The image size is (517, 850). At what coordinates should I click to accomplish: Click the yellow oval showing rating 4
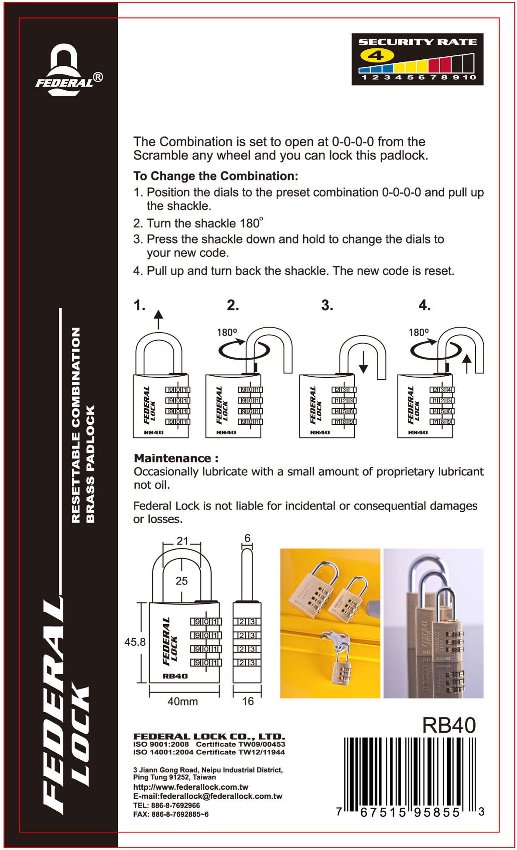pos(377,55)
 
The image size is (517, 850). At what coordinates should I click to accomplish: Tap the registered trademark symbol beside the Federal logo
pos(98,78)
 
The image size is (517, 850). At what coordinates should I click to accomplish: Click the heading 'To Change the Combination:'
pos(216,176)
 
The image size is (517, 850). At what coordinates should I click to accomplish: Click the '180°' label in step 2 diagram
pos(227,332)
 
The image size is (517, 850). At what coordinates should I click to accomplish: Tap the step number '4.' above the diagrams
pos(424,305)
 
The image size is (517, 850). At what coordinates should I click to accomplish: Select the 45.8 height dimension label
pos(135,642)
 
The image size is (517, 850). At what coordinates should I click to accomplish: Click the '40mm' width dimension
pos(183,701)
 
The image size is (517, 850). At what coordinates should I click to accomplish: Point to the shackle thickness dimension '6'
pos(247,538)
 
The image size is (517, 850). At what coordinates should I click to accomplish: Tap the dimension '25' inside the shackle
pos(181,581)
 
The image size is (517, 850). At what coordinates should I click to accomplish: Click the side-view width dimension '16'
pos(248,701)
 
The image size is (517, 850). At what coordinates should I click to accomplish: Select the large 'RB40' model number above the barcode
pos(449,725)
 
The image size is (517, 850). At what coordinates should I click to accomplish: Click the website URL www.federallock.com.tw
pos(191,787)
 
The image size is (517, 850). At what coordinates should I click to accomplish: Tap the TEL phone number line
pos(167,805)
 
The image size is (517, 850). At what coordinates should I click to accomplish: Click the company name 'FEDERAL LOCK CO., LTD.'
pos(209,737)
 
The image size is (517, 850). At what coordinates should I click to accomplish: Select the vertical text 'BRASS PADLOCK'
pos(90,464)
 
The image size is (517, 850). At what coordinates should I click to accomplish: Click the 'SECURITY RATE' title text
pos(418,42)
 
